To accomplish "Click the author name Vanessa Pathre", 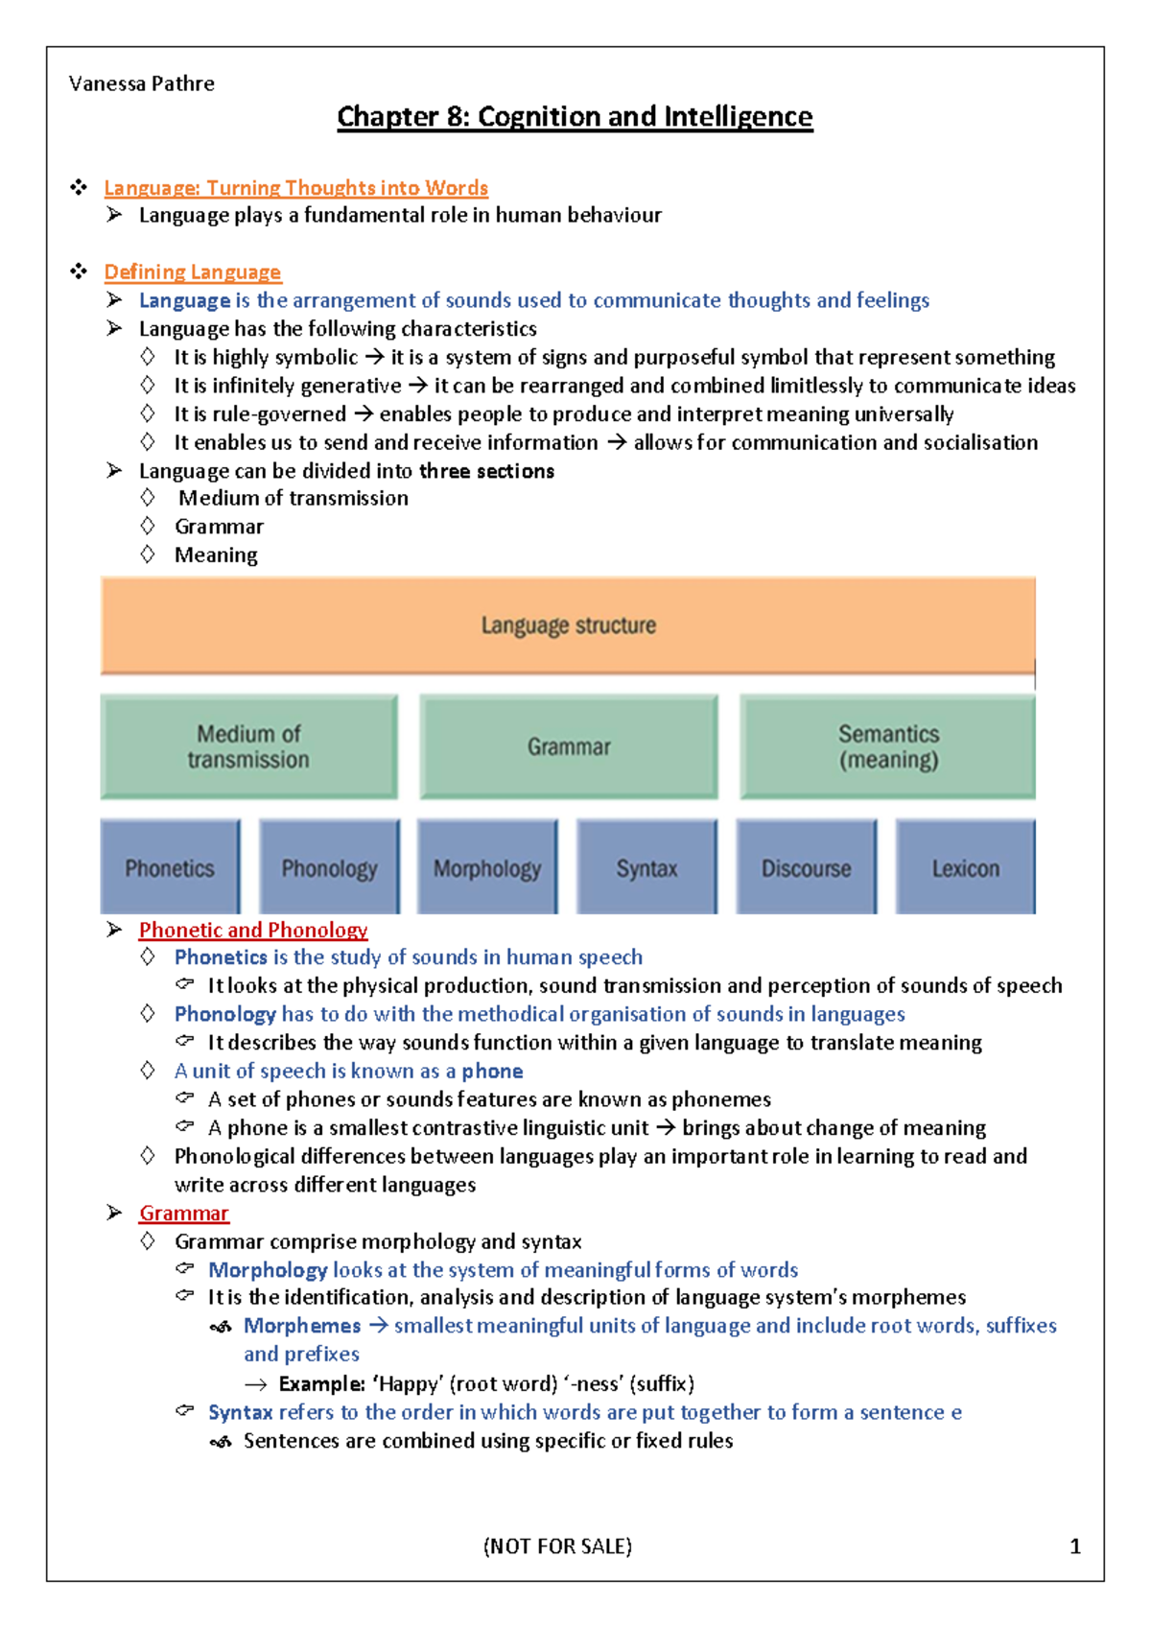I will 142,83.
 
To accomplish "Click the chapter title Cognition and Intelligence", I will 575,117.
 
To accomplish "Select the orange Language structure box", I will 568,625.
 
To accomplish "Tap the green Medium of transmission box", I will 248,746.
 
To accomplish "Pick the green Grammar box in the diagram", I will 569,746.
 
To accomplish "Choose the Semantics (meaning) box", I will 888,746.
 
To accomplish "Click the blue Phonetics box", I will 170,867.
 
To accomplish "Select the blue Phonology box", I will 329,867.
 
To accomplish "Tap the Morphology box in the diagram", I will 487,867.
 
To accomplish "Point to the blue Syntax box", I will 646,867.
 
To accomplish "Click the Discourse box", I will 806,867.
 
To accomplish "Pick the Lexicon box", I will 965,867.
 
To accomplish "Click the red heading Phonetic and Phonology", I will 253,930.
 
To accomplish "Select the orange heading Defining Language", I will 193,271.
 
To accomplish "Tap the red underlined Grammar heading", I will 184,1213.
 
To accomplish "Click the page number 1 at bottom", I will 1074,1546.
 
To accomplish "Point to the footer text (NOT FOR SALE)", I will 557,1546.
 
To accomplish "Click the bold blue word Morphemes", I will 302,1326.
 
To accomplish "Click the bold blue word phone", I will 492,1071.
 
